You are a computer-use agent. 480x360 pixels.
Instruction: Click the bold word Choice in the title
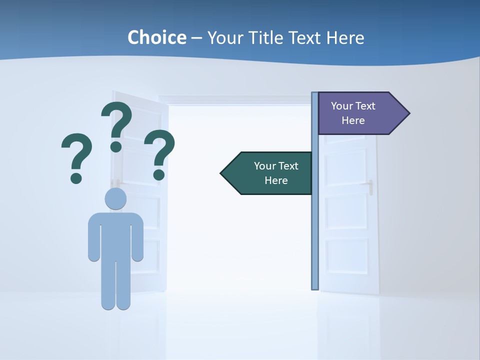(156, 37)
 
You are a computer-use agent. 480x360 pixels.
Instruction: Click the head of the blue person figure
(115, 198)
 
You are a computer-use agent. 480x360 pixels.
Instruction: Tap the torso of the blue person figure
(115, 235)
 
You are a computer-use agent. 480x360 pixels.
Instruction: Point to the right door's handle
(371, 187)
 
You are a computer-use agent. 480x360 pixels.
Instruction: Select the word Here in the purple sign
(353, 120)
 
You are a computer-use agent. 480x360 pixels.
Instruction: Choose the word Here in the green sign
(276, 180)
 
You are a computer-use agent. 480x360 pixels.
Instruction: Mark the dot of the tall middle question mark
(116, 146)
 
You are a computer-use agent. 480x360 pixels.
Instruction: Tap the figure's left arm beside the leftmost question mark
(93, 237)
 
